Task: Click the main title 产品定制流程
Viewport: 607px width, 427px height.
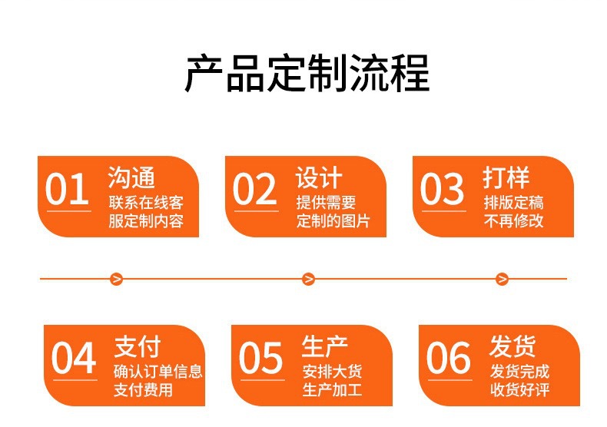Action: point(307,74)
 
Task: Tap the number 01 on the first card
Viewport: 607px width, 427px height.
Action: point(67,190)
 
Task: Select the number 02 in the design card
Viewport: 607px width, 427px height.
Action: point(254,190)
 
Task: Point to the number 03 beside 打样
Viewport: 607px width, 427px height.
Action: point(443,190)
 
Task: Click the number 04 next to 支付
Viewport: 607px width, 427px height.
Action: point(74,359)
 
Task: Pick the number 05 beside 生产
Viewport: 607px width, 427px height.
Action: point(261,359)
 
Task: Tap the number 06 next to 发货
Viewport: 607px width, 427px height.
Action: point(449,359)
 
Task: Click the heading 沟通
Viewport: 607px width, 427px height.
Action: point(131,177)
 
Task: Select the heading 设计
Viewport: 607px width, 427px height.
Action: point(319,177)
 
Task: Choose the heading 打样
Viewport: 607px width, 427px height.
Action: point(506,177)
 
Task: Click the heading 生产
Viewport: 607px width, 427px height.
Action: point(325,346)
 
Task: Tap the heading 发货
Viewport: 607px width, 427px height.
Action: point(512,346)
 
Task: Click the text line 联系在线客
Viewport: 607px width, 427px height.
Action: point(146,204)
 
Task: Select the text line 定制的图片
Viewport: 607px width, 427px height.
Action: point(333,222)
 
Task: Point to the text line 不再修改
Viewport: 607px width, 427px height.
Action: point(514,222)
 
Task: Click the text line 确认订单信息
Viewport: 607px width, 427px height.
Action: point(158,372)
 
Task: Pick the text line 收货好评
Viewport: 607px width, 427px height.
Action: point(520,390)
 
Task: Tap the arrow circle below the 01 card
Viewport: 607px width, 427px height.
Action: point(117,279)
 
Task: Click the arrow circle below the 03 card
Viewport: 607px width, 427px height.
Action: point(502,279)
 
